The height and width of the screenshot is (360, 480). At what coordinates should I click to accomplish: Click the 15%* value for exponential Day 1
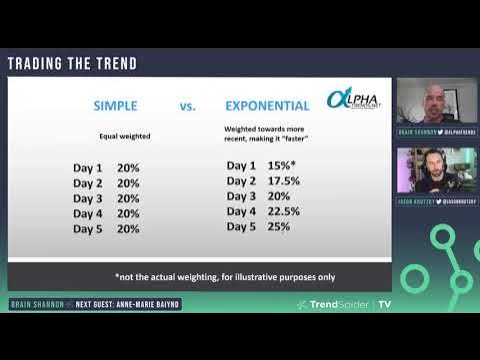click(x=284, y=165)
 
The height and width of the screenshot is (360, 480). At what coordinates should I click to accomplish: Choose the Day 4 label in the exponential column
click(x=242, y=211)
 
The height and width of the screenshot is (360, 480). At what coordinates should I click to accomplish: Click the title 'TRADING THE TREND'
click(x=72, y=64)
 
